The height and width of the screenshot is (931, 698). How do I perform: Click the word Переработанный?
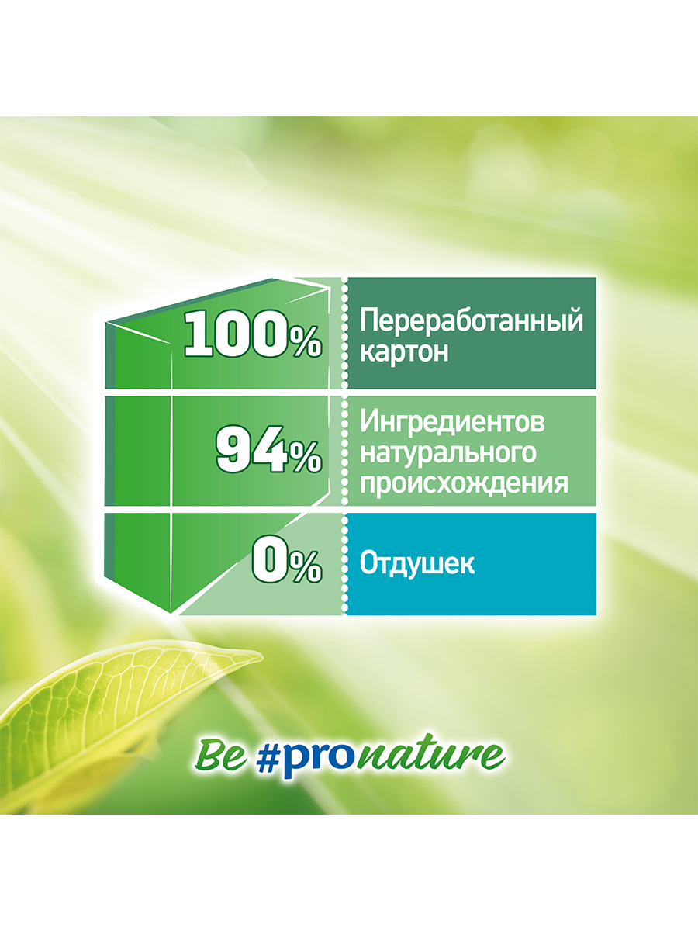(x=472, y=321)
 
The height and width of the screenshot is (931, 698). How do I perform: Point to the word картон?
(x=404, y=352)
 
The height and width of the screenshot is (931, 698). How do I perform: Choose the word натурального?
(x=448, y=453)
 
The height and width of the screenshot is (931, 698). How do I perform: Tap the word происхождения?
(x=464, y=483)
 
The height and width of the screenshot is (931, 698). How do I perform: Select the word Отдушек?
(x=417, y=564)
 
